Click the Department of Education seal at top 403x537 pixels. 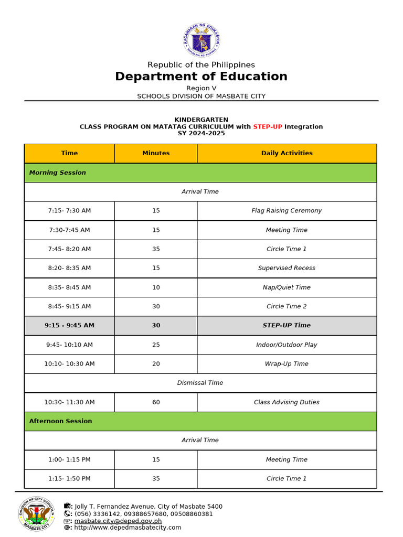tap(201, 40)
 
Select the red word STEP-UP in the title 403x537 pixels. tap(268, 126)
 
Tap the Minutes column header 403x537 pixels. tap(156, 153)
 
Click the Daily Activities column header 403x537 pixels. tap(287, 153)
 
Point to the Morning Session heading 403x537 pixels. tap(58, 173)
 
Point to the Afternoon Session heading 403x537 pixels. tap(60, 421)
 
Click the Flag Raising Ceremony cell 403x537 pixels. tap(287, 211)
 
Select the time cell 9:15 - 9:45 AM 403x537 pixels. tap(69, 326)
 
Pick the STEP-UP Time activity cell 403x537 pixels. tap(287, 326)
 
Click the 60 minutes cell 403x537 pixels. tap(156, 402)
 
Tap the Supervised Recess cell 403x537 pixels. tap(287, 268)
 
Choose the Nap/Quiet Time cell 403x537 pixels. tap(287, 287)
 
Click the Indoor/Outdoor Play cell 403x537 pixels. tap(287, 345)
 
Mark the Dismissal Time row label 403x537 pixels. tap(200, 383)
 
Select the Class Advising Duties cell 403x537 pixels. tap(287, 402)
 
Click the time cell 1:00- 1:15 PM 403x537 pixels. tap(69, 459)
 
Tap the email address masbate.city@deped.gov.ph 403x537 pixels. tap(118, 521)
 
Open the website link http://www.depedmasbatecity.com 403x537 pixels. tap(128, 528)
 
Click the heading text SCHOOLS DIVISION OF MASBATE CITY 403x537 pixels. tap(201, 96)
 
